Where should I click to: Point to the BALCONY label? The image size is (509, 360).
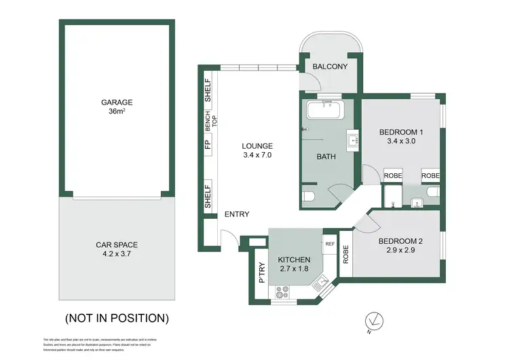click(330, 67)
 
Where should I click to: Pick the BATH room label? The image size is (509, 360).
click(326, 157)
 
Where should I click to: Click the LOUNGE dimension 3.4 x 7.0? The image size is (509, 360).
click(257, 155)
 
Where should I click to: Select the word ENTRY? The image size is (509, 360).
click(236, 215)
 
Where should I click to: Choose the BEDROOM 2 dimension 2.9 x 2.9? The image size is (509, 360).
click(391, 251)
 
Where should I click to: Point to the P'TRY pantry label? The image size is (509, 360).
click(260, 272)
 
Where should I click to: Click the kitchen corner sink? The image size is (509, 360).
click(321, 283)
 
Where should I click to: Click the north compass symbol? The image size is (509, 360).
click(371, 319)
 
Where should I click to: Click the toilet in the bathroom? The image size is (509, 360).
click(309, 197)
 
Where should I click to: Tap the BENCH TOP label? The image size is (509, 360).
click(208, 120)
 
